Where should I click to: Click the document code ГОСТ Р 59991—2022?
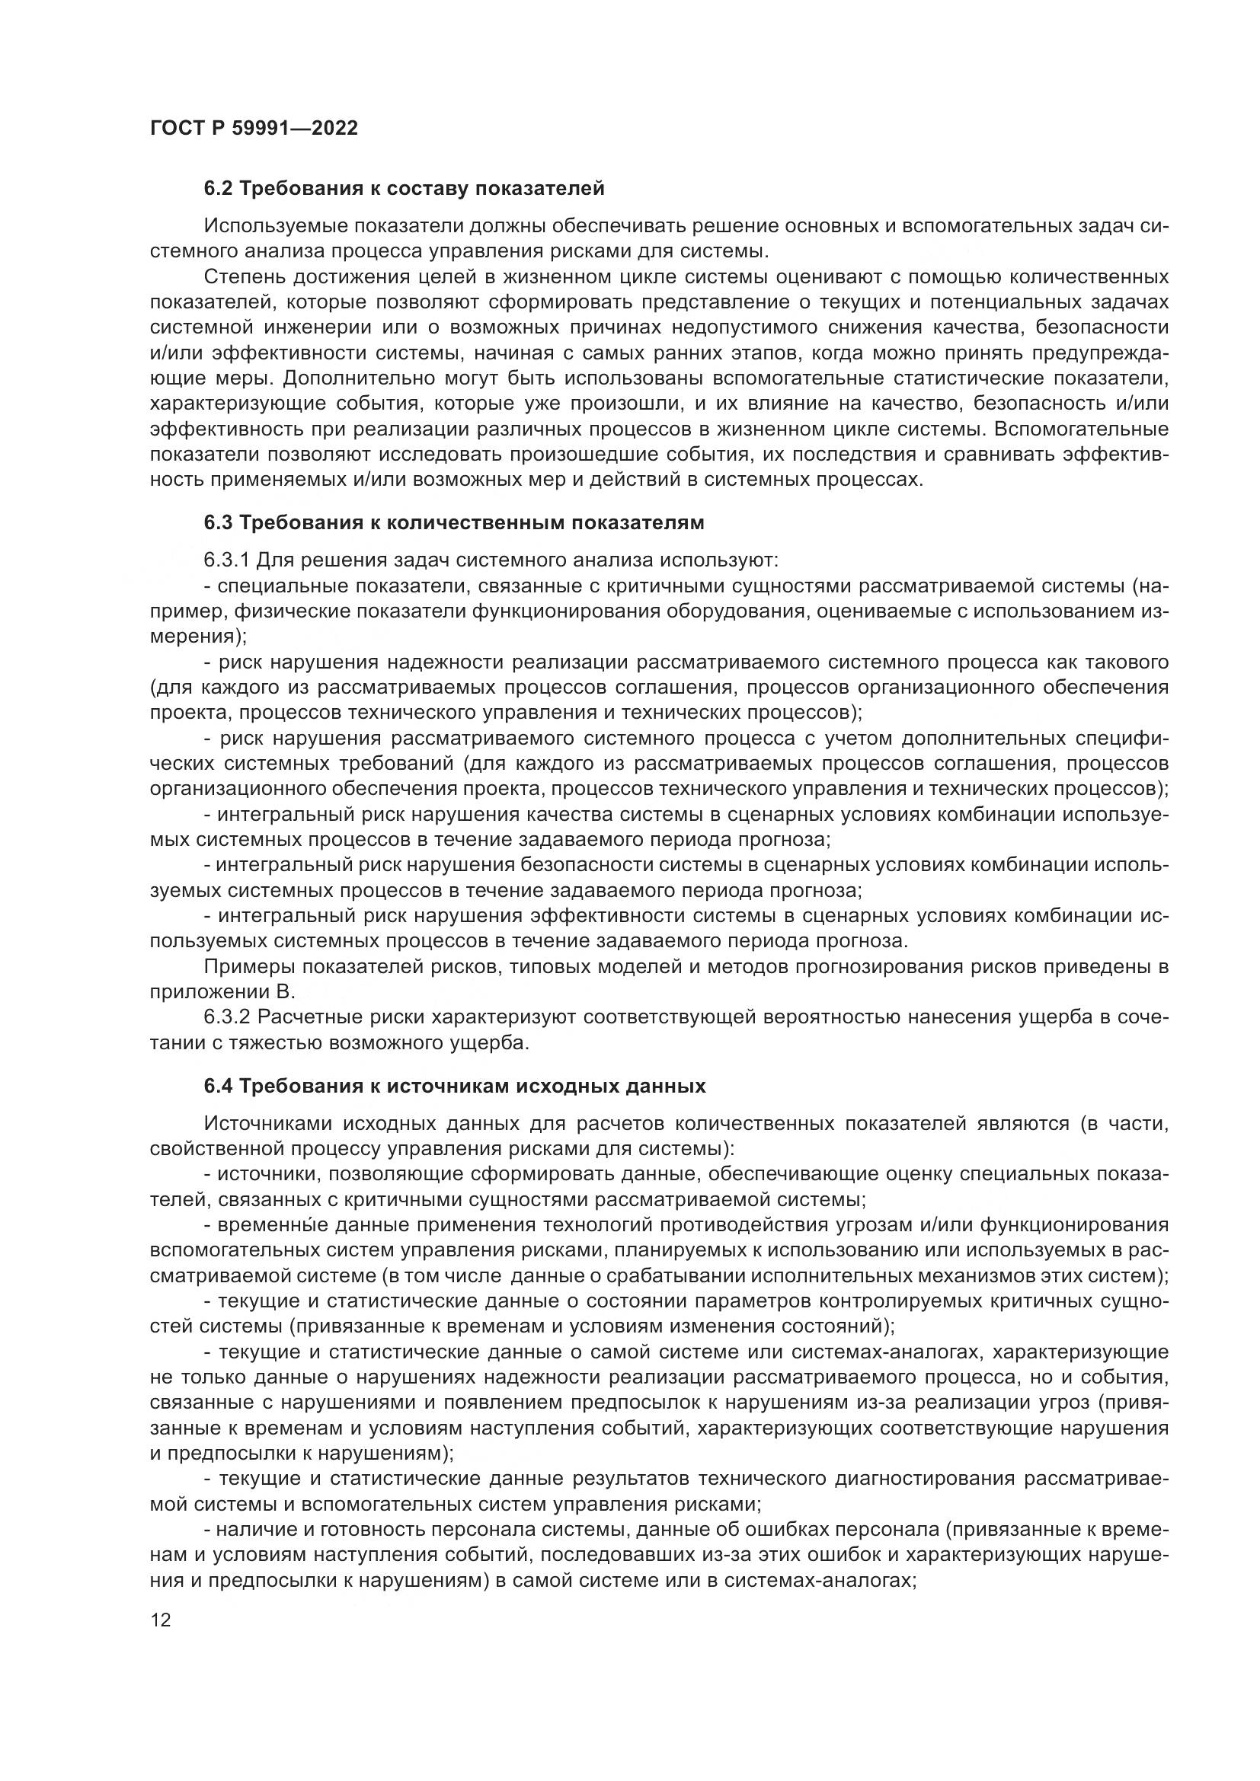click(254, 128)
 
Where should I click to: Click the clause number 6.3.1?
click(226, 560)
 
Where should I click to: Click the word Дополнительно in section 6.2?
click(360, 378)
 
